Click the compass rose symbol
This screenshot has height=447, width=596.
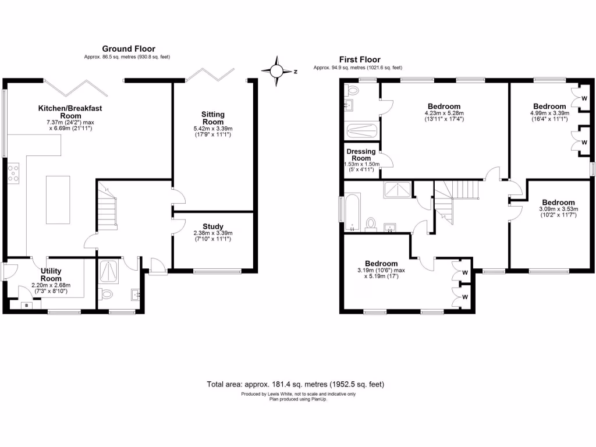(277, 71)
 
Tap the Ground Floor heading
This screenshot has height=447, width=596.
(129, 49)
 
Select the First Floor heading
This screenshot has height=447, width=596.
(360, 59)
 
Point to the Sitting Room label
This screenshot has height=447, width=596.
(213, 118)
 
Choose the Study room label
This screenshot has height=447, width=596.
(213, 227)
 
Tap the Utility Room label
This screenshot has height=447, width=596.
(51, 275)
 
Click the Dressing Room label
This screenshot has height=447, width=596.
(361, 155)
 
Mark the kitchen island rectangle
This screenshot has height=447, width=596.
(57, 200)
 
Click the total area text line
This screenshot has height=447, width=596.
(296, 384)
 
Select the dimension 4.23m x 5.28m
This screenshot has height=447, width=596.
(442, 113)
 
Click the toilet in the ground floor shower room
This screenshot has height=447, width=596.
(105, 293)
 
